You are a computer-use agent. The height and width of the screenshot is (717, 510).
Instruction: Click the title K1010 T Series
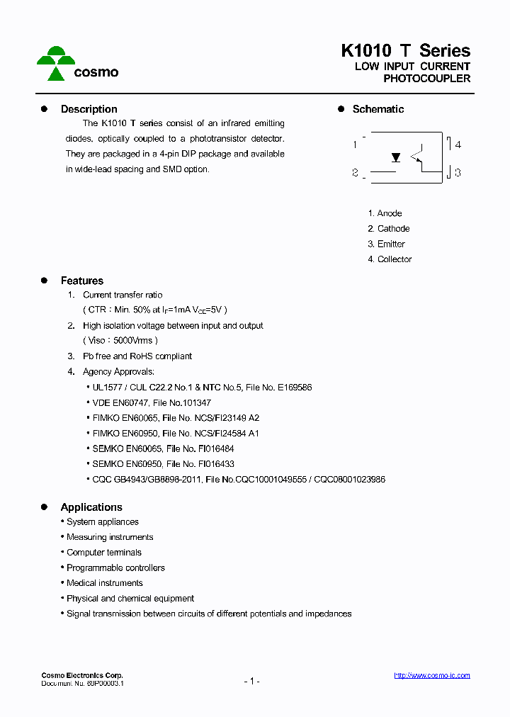(x=405, y=50)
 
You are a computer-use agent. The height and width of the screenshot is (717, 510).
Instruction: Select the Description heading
(x=89, y=109)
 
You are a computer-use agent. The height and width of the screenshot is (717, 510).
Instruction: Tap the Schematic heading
(x=378, y=109)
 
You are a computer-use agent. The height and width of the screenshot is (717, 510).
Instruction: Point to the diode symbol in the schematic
(x=396, y=157)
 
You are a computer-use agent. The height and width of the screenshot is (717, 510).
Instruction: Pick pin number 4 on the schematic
(x=458, y=145)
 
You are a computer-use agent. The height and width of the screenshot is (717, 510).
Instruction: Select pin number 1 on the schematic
(x=355, y=145)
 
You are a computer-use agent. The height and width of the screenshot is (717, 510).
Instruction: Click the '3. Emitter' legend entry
(x=386, y=244)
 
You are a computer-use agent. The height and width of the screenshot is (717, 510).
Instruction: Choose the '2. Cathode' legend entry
(x=388, y=229)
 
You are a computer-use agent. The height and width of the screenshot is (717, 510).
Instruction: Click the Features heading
(x=81, y=281)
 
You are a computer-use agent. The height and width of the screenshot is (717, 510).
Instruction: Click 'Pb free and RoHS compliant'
(x=137, y=356)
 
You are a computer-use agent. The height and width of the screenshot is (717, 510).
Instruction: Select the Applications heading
(x=91, y=507)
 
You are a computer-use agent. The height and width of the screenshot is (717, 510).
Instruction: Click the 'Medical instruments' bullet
(x=104, y=583)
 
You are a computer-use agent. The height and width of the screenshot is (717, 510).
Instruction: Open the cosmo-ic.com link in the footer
(x=431, y=676)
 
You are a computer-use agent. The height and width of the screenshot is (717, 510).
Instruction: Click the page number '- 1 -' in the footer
(x=251, y=681)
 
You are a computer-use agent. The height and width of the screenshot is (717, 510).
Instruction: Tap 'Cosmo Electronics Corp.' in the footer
(x=81, y=675)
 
